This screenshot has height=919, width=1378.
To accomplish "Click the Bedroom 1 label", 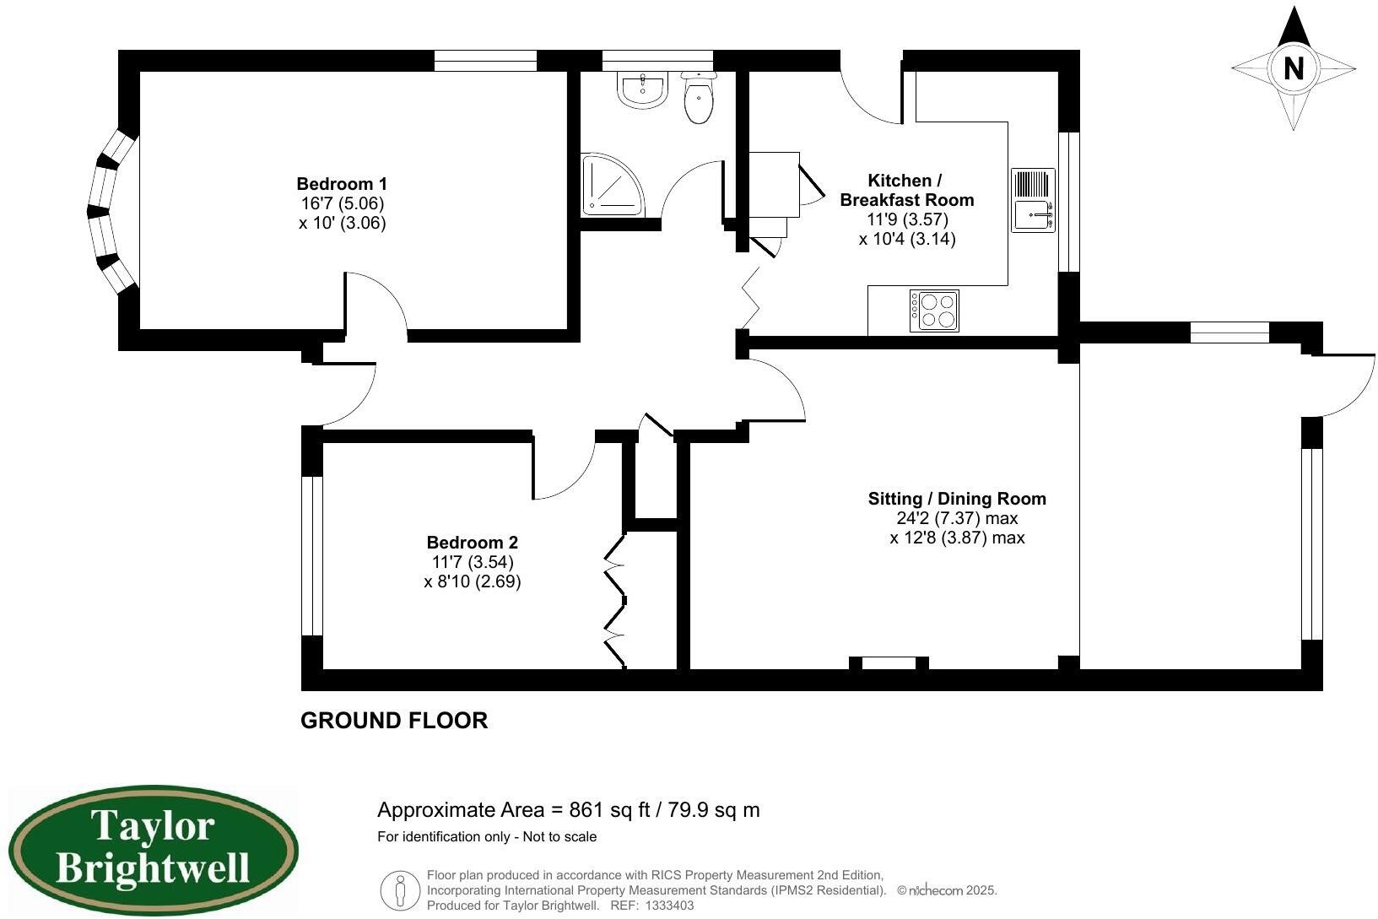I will tap(342, 184).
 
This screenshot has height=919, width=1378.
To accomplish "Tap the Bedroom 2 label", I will tap(472, 543).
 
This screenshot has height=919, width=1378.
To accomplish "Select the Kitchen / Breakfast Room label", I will tap(906, 190).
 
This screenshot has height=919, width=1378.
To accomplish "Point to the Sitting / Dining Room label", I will tap(957, 499).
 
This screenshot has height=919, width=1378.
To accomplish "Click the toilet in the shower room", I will tap(699, 100).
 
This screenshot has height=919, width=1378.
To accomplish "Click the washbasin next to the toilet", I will tap(643, 89).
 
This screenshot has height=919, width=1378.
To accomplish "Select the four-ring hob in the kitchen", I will tap(934, 311).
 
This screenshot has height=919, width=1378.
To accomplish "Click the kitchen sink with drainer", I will tap(1033, 201).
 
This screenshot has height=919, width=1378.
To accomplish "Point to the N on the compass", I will tap(1293, 68).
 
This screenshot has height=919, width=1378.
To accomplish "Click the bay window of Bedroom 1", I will tap(110, 212).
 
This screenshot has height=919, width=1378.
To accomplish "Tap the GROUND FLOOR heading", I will tap(394, 721).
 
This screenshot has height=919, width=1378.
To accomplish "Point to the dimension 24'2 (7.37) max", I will tap(957, 518).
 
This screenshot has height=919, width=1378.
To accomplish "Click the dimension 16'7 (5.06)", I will tap(342, 203).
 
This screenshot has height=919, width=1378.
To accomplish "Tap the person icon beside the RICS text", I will tap(400, 890).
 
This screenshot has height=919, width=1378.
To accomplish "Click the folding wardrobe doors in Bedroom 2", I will tap(615, 601).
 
